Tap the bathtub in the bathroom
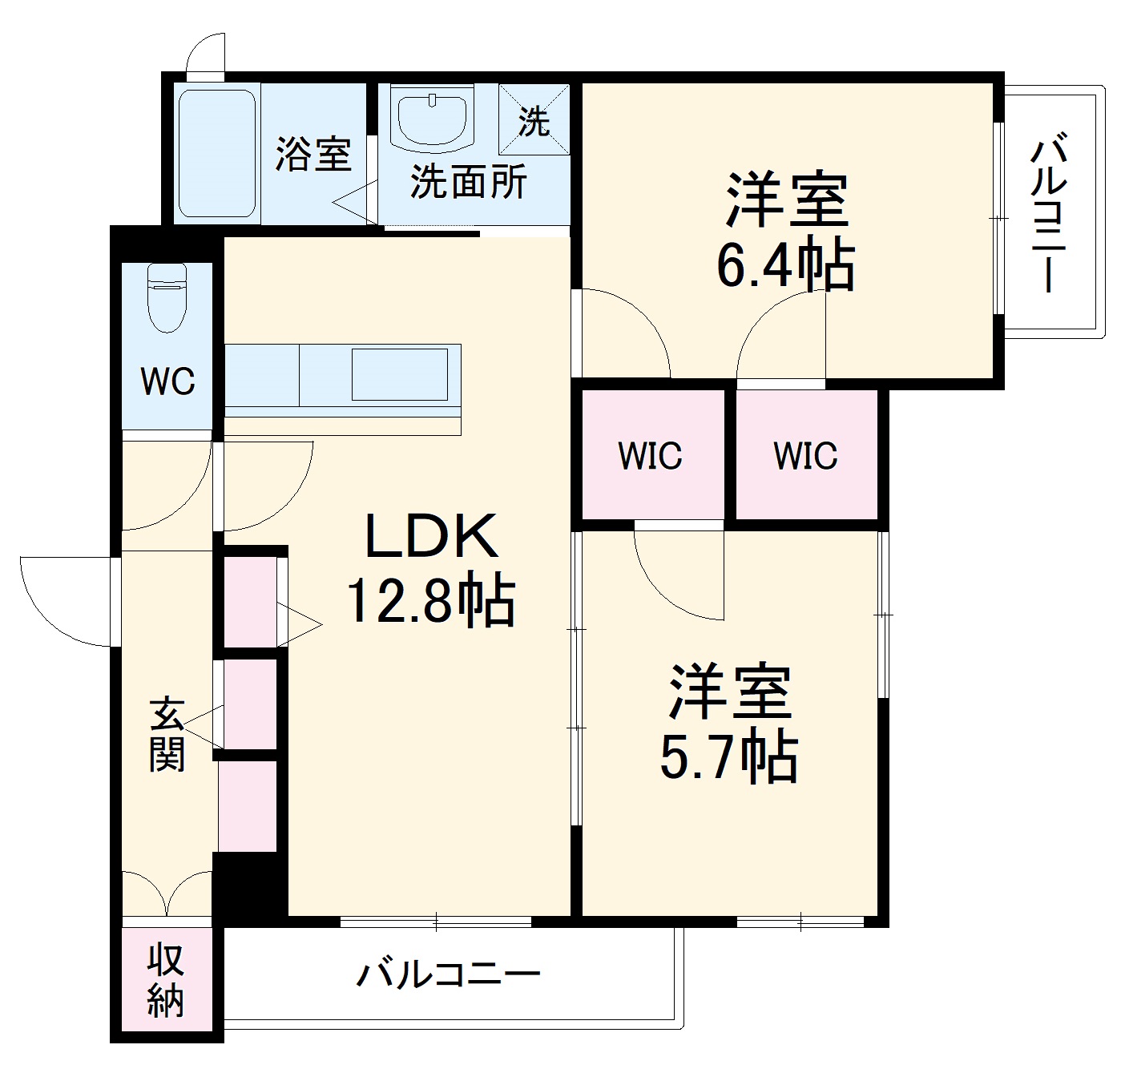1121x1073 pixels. pyautogui.click(x=216, y=153)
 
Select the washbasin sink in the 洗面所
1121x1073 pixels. pyautogui.click(x=433, y=121)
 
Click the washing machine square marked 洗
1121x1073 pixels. pyautogui.click(x=534, y=119)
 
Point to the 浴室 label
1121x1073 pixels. pyautogui.click(x=313, y=154)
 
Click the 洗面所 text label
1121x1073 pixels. pyautogui.click(x=469, y=183)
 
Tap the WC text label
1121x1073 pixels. pyautogui.click(x=168, y=381)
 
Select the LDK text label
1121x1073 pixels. pyautogui.click(x=431, y=537)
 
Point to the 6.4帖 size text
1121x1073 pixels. pyautogui.click(x=784, y=264)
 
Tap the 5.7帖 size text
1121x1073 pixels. pyautogui.click(x=728, y=756)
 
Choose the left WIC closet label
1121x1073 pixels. pyautogui.click(x=650, y=456)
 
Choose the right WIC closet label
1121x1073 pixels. pyautogui.click(x=805, y=456)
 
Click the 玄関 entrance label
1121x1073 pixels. pyautogui.click(x=167, y=735)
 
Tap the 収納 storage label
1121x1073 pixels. pyautogui.click(x=166, y=980)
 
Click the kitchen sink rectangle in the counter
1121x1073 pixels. pyautogui.click(x=399, y=374)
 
